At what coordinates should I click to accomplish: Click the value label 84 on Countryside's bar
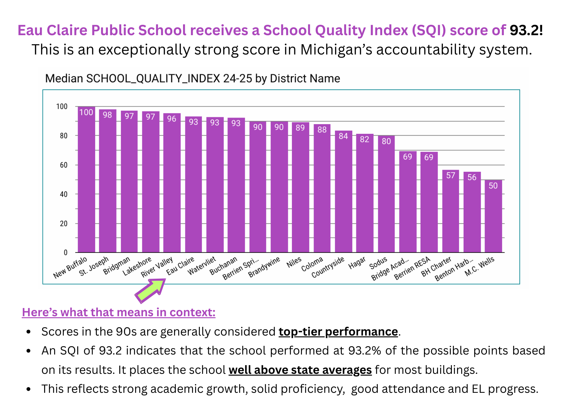tap(343, 136)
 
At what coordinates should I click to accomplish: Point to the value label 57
tap(450, 176)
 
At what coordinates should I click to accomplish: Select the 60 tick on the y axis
tap(63, 165)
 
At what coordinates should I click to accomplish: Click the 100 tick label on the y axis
tap(62, 107)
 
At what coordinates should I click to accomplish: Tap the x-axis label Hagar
tap(357, 263)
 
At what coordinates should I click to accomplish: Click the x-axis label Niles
tap(294, 262)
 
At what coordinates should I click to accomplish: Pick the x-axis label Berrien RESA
tap(413, 268)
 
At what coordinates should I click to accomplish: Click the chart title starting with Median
tap(192, 79)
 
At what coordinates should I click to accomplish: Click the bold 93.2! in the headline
tap(526, 30)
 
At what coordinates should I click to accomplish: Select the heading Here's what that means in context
tap(119, 312)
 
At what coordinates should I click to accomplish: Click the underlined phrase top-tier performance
tap(338, 332)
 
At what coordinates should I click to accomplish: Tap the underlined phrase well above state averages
tap(300, 370)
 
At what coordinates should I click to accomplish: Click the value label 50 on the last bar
tap(493, 186)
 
